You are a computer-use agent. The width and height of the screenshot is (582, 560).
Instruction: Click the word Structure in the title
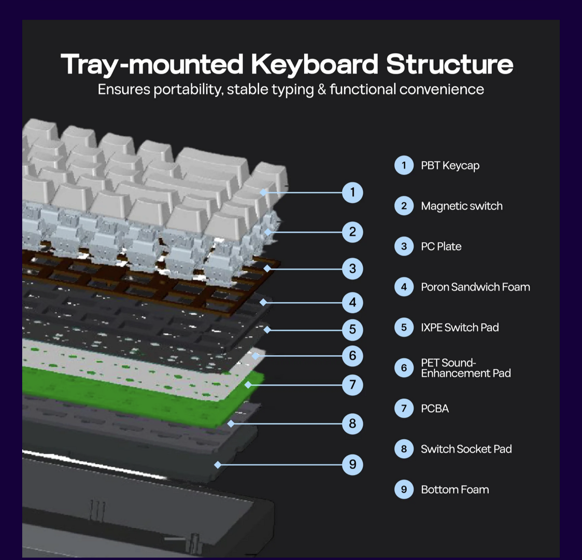coord(449,64)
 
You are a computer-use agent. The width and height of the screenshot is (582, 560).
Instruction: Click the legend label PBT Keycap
coord(450,166)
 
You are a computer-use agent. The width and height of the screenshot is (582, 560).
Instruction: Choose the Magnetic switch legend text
coord(461,206)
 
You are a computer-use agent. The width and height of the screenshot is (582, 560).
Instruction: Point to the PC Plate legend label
coord(441,247)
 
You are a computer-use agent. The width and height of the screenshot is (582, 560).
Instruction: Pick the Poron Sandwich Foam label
coord(475,287)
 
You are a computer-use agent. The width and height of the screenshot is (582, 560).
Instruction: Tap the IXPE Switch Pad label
coord(459,328)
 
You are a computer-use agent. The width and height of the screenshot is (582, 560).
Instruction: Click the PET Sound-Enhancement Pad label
coord(465,368)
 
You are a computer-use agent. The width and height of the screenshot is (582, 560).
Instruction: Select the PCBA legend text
coord(434,409)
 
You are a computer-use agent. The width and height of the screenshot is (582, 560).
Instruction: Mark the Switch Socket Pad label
coord(466,449)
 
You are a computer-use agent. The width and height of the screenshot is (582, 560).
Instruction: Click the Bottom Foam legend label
coord(455,489)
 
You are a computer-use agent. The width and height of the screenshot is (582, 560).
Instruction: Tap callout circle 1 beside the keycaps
coord(352,192)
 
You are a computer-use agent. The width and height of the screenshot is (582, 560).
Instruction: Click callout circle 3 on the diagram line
coord(352,269)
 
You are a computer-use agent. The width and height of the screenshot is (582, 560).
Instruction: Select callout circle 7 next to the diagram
coord(352,385)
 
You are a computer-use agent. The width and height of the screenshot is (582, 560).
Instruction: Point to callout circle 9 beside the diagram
coord(352,464)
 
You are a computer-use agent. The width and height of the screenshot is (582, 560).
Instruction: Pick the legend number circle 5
coord(404,328)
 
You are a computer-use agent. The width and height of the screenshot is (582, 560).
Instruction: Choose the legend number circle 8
coord(404,449)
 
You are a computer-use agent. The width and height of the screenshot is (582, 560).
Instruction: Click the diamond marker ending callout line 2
coord(267,232)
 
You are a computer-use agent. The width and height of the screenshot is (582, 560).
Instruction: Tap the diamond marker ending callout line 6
coord(255,356)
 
